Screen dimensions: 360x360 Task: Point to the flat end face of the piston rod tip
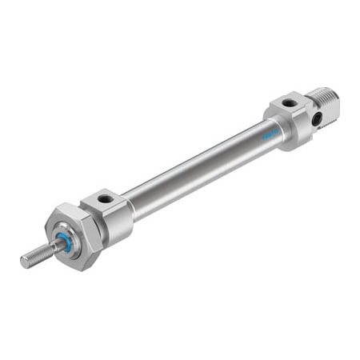click(x=24, y=262)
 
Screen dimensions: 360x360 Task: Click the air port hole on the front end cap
click(x=106, y=197)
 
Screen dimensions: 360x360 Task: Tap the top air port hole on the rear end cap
click(x=289, y=103)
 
